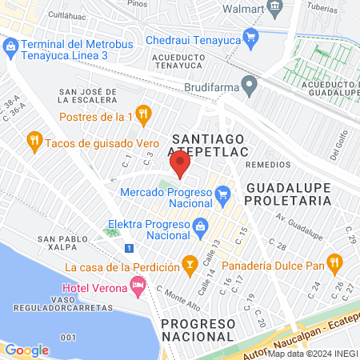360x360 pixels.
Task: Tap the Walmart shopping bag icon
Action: [x=276, y=7]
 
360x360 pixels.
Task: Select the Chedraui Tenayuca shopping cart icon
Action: [x=251, y=35]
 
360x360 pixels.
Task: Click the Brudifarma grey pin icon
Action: [x=250, y=82]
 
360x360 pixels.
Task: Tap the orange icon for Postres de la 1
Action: [x=143, y=114]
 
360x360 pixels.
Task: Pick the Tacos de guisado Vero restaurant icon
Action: [x=34, y=142]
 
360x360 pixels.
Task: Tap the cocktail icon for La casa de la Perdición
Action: [x=190, y=262]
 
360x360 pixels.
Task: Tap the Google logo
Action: [x=26, y=350]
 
